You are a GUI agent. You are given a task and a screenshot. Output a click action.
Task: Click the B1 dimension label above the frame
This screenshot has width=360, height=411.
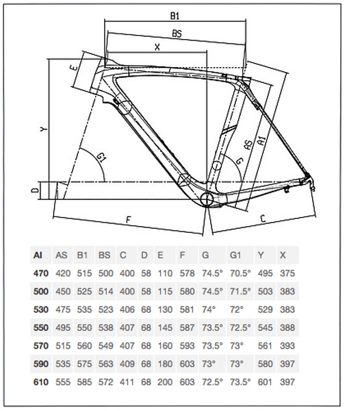[175, 16]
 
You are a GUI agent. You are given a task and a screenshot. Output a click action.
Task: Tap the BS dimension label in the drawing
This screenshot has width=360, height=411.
[177, 34]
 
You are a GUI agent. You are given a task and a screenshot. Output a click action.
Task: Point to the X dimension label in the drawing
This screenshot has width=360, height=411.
[157, 47]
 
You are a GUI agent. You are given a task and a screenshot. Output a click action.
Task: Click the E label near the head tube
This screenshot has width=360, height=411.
[75, 68]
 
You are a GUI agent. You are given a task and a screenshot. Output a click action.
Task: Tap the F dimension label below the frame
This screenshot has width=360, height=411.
[128, 220]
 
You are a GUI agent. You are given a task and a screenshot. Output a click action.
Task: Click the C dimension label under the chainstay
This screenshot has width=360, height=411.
[263, 218]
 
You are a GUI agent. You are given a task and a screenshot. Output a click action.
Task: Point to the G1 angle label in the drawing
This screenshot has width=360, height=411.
[101, 157]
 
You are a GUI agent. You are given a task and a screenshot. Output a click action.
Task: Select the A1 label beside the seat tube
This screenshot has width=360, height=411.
[261, 140]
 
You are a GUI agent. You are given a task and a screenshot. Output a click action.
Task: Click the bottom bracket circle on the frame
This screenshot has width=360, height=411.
[207, 200]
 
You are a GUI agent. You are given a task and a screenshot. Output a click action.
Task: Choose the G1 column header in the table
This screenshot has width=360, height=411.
[235, 255]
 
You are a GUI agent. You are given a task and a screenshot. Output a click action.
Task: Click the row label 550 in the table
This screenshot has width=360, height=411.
[41, 327]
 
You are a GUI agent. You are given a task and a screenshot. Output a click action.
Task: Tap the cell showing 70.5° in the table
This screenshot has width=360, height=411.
[240, 273]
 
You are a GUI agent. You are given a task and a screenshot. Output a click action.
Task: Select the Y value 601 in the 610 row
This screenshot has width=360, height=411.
[265, 382]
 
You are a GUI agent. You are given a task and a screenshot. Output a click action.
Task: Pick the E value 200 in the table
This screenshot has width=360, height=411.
[165, 382]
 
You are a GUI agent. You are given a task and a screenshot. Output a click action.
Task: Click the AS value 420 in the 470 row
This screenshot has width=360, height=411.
[63, 273]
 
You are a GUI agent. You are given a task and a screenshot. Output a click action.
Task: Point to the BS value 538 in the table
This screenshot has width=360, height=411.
[106, 327]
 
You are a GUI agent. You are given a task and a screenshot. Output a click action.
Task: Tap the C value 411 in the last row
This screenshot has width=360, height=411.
[127, 382]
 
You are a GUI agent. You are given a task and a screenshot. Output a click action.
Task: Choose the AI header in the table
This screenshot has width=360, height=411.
[38, 255]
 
